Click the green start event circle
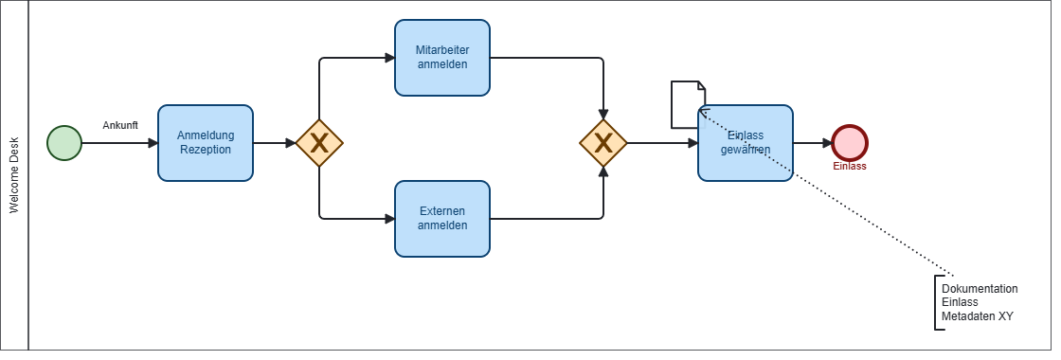[x=64, y=143]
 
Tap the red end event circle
[x=850, y=143]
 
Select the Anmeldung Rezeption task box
[x=206, y=143]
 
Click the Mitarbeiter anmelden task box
[x=442, y=58]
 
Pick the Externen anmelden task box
[x=442, y=219]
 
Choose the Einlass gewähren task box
[x=746, y=143]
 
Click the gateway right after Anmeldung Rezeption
[x=319, y=143]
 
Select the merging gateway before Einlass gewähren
[x=603, y=143]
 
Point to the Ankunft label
[x=120, y=125]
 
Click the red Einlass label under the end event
[x=850, y=167]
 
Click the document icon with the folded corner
[x=688, y=104]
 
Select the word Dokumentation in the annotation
[x=980, y=289]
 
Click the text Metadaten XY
[x=978, y=316]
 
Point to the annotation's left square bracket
[x=937, y=302]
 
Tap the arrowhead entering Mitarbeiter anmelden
[x=389, y=58]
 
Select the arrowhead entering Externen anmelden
[x=389, y=219]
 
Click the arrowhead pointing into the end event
[x=827, y=143]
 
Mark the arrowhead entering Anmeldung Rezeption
[x=153, y=143]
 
